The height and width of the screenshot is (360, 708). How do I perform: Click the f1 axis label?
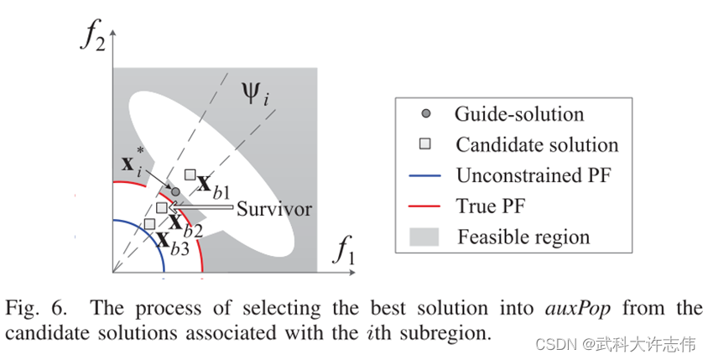click(346, 250)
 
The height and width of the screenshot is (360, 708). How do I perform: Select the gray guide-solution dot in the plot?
click(176, 192)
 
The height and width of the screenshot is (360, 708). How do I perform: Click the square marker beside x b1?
click(190, 175)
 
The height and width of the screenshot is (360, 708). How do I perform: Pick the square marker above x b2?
click(162, 207)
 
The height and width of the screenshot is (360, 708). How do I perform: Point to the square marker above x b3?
click(149, 223)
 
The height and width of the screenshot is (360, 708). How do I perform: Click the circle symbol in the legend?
click(426, 113)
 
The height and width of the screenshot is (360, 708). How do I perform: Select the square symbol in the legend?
click(426, 144)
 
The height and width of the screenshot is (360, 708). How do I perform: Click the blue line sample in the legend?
click(426, 175)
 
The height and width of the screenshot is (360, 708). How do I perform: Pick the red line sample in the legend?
click(426, 206)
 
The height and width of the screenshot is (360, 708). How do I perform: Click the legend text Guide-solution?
click(519, 113)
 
